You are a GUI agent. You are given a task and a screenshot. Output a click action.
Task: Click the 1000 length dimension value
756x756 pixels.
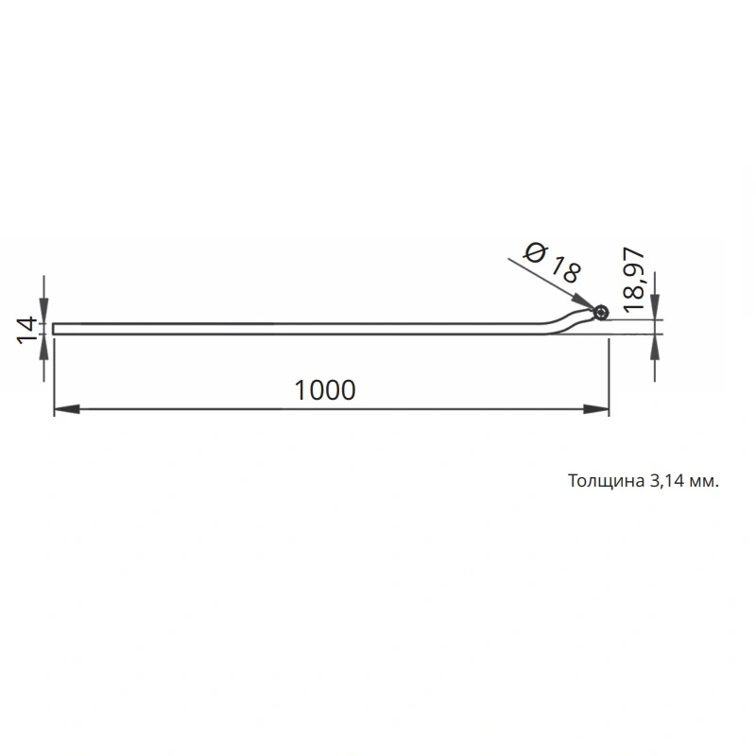point(325,390)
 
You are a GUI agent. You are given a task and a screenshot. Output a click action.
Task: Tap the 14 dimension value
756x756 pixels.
point(27,330)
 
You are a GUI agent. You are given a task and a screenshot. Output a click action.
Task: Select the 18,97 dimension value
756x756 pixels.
point(633,280)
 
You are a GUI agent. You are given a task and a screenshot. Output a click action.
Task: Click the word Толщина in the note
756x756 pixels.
point(606,481)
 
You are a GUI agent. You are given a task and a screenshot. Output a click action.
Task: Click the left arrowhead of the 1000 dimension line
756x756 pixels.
point(66,409)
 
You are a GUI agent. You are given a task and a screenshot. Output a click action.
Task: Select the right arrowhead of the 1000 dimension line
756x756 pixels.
point(596,409)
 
